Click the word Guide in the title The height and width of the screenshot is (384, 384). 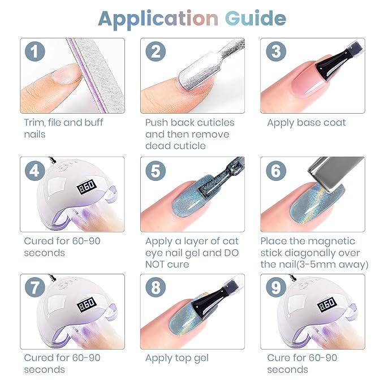click(256, 19)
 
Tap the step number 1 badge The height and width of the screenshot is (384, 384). click(34, 51)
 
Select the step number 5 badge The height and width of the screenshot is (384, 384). click(156, 171)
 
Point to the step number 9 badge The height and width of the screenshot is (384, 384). click(276, 287)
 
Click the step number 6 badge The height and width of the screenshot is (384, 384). click(276, 171)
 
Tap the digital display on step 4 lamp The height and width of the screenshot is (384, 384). click(87, 187)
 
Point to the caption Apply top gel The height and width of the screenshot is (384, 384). click(177, 359)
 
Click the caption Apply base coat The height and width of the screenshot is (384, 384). click(307, 123)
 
